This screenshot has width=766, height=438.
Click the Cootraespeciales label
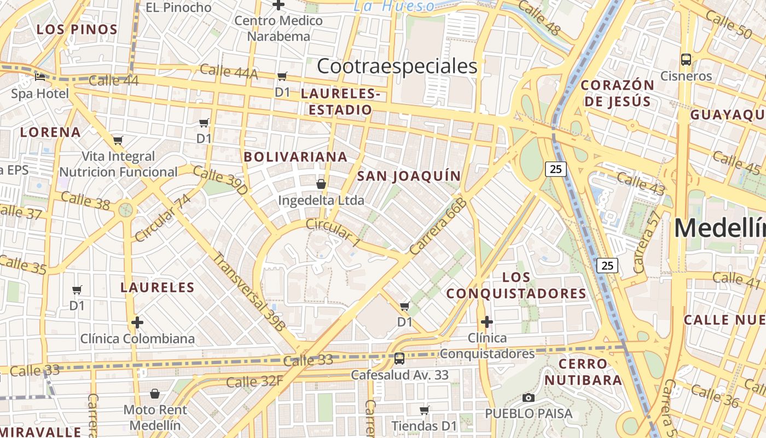pyautogui.click(x=397, y=66)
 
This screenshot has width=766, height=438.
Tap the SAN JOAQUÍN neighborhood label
pyautogui.click(x=409, y=176)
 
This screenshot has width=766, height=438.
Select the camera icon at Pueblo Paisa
pyautogui.click(x=528, y=397)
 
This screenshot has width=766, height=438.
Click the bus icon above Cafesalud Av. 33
pyautogui.click(x=399, y=359)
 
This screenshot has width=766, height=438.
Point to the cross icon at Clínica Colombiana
pyautogui.click(x=137, y=322)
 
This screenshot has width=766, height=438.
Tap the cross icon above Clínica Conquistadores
pyautogui.click(x=486, y=321)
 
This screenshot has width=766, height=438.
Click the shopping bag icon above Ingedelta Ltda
pyautogui.click(x=321, y=184)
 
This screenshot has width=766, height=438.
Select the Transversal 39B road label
pyautogui.click(x=249, y=291)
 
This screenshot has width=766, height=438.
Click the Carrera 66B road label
pyautogui.click(x=438, y=226)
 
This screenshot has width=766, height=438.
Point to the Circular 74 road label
pyautogui.click(x=163, y=217)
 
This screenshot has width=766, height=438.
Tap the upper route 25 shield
pyautogui.click(x=555, y=169)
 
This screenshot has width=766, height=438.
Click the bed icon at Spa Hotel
pyautogui.click(x=40, y=77)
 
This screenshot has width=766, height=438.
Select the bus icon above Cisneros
pyautogui.click(x=686, y=59)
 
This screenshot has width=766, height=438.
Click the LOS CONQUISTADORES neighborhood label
pyautogui.click(x=516, y=285)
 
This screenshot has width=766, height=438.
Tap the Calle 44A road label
pyautogui.click(x=228, y=71)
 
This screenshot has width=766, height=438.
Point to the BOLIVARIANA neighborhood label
pyautogui.click(x=295, y=157)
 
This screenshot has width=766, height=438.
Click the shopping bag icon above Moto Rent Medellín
pyautogui.click(x=155, y=394)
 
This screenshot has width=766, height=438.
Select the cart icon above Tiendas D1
pyautogui.click(x=424, y=410)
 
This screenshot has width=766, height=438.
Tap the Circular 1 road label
pyautogui.click(x=333, y=232)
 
